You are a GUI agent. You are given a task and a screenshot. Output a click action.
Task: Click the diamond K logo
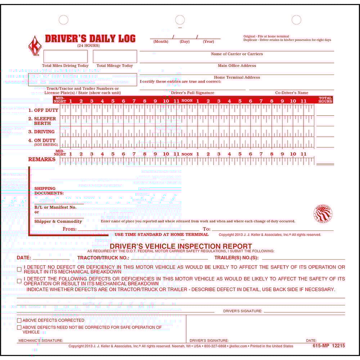tap(35, 46)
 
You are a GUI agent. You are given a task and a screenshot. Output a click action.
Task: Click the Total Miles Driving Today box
tap(66, 57)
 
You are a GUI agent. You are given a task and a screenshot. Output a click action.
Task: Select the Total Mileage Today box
tap(115, 57)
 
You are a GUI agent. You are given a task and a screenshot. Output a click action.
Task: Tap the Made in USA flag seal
tap(323, 214)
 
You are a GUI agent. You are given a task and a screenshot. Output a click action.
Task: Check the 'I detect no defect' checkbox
tap(19, 269)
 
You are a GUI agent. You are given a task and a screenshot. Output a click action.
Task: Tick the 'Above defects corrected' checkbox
tap(19, 320)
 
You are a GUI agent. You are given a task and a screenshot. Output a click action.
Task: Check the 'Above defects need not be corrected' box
tap(19, 327)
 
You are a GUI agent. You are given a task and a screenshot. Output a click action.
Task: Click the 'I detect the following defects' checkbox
tap(19, 281)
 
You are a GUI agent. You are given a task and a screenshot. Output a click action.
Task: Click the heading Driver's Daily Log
tap(90, 39)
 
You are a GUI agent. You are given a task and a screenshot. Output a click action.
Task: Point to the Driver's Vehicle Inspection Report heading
tap(181, 246)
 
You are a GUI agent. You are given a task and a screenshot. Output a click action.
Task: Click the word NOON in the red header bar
tap(187, 101)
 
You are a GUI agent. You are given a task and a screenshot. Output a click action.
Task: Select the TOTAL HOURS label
tap(325, 100)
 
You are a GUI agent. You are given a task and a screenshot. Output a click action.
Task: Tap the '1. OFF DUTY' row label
tap(43, 110)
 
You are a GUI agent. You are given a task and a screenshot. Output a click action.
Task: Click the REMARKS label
tap(42, 159)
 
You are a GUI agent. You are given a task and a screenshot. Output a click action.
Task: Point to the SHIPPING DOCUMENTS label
tap(49, 191)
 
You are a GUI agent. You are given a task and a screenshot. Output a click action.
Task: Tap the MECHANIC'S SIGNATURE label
tap(41, 340)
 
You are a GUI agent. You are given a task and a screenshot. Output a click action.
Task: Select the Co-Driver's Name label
tap(292, 93)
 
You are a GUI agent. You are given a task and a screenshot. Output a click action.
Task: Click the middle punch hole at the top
tap(180, 20)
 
